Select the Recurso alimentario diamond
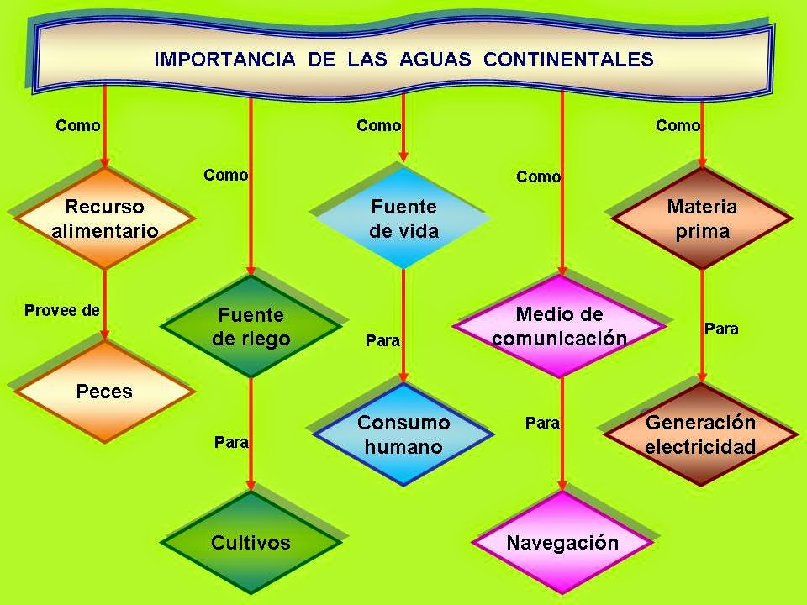[104, 218]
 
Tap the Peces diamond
[104, 391]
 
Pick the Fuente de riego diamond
[251, 327]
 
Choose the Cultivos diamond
[251, 543]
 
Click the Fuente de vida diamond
[403, 218]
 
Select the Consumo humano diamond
[403, 434]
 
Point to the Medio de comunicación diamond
[560, 326]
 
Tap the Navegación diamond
[562, 543]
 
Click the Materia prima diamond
[702, 218]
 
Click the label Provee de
[62, 310]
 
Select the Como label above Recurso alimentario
[77, 126]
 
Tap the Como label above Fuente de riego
[225, 176]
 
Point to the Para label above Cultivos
[231, 442]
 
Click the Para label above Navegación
[542, 423]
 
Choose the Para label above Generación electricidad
[721, 329]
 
